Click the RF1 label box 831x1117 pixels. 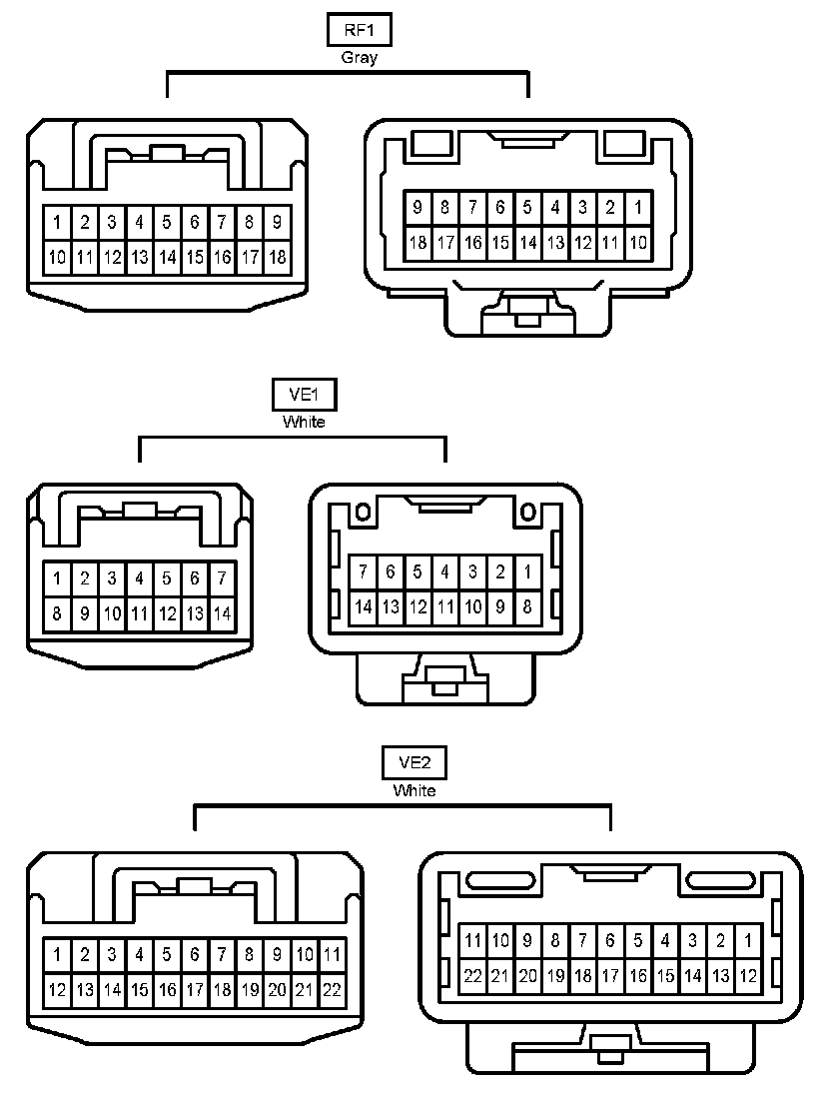coord(359,30)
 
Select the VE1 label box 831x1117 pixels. coord(304,396)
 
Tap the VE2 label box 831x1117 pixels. coord(414,764)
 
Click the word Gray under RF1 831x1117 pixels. coord(359,58)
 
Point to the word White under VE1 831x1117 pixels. coord(304,423)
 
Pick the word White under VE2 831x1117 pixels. coord(414,791)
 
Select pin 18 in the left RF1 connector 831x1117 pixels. coord(277,258)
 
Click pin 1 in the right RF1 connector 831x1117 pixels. coord(638,208)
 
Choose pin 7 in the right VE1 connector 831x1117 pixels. coord(364,572)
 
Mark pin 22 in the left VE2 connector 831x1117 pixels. coord(333,990)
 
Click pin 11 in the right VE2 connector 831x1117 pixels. coord(472,940)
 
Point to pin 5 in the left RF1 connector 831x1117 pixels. coord(167,222)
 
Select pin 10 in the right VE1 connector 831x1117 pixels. coord(473,606)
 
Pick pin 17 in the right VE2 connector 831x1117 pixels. coord(609,975)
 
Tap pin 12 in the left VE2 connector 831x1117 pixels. coord(58,990)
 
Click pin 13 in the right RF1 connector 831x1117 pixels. coord(555,242)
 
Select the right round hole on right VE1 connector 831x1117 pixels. coord(526,514)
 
